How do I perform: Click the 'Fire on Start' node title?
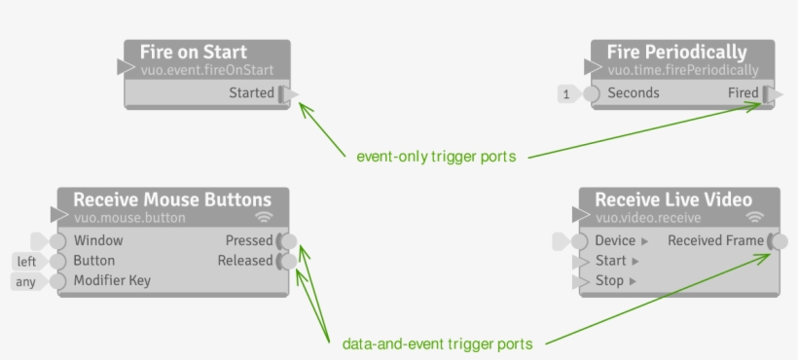pos(193,53)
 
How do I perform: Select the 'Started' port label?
pos(251,93)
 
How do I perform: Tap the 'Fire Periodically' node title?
pos(676,53)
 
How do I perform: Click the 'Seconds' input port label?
pos(634,93)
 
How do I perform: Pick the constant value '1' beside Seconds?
pos(565,94)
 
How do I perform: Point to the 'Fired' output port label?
pos(744,93)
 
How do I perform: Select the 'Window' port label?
pos(98,240)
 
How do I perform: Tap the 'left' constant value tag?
pos(26,262)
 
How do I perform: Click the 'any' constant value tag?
pos(26,282)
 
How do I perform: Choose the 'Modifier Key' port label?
pos(112,281)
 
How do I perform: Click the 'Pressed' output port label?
pos(248,240)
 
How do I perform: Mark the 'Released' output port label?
pos(245,261)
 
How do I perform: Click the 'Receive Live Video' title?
pos(673,199)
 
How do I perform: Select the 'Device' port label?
pos(616,240)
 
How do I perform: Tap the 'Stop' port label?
pos(610,281)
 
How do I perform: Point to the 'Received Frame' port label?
pos(715,240)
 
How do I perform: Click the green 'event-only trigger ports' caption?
pos(436,156)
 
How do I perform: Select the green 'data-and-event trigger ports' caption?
pos(438,343)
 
